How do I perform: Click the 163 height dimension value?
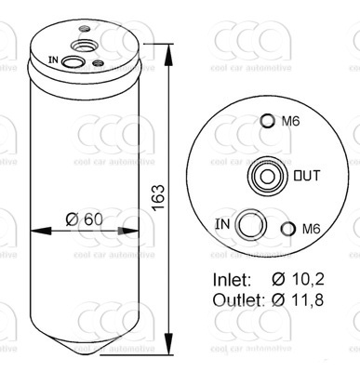158,197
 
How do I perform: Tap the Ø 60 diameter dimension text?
84,219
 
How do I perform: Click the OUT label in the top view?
307,176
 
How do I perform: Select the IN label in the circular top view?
222,224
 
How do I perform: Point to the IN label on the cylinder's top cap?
53,60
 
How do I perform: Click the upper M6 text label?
290,121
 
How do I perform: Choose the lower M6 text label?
311,229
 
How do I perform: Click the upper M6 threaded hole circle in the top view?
267,121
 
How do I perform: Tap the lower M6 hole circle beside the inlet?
288,229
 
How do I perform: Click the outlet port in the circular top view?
267,177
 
